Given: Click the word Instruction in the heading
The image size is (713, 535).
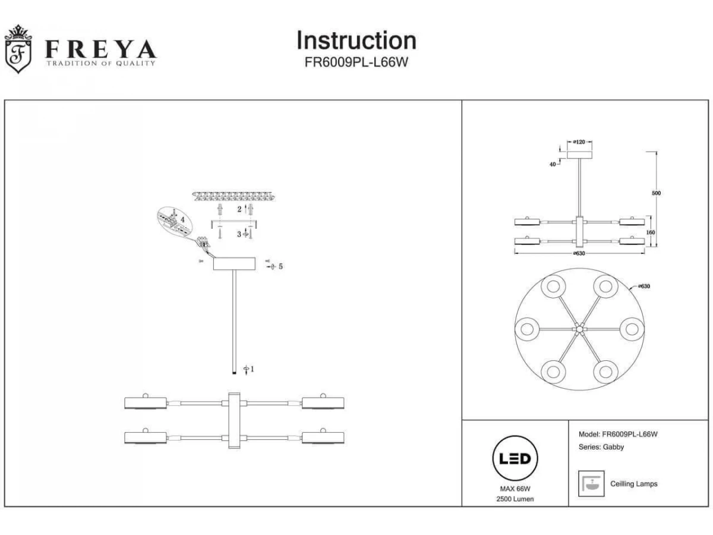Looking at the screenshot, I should point(356,40).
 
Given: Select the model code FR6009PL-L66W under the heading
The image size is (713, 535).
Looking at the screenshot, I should point(356,62).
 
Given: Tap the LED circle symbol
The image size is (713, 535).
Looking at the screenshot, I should point(515,459).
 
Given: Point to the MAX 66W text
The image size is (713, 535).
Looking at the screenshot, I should point(515,489).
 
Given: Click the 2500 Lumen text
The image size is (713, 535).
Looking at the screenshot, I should point(515,499).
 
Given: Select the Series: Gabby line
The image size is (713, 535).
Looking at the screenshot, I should point(601,447).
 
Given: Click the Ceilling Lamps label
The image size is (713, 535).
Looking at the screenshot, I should point(634,484).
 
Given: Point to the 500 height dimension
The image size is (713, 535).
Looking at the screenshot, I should point(656,193).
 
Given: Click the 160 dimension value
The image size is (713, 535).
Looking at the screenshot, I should point(651,232).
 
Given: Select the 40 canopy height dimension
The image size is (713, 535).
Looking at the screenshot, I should point(553,164).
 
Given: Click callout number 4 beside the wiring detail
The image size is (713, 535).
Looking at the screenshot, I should point(183,219).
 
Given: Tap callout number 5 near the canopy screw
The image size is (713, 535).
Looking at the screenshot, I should point(280,266).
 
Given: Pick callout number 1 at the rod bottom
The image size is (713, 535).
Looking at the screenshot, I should point(252,369).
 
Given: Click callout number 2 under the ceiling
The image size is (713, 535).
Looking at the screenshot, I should point(239,209).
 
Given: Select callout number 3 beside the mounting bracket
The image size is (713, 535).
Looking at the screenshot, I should point(239,235).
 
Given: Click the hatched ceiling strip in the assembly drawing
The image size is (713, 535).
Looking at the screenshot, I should point(235,196).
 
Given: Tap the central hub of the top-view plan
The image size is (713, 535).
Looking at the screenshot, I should point(579,328).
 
